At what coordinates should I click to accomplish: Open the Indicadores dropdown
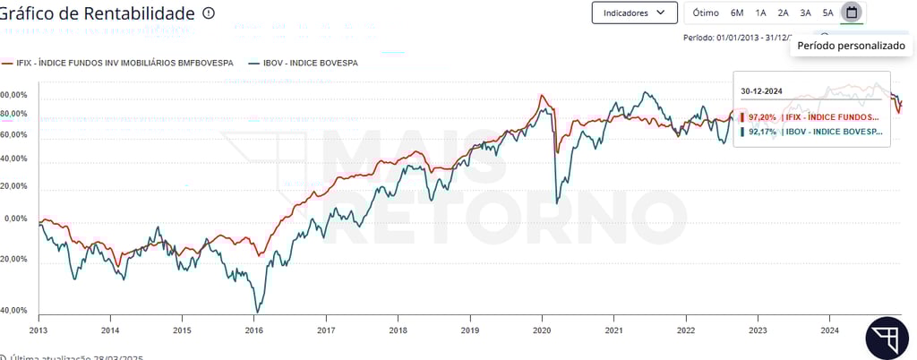pyautogui.click(x=634, y=13)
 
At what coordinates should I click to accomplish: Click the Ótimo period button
pyautogui.click(x=706, y=13)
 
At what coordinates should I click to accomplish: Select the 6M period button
pyautogui.click(x=737, y=13)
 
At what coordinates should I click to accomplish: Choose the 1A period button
pyautogui.click(x=760, y=13)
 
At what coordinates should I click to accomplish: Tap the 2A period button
pyautogui.click(x=783, y=13)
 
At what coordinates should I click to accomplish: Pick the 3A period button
pyautogui.click(x=805, y=13)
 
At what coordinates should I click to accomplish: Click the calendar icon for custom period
pyautogui.click(x=852, y=13)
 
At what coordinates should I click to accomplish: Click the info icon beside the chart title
pyautogui.click(x=209, y=13)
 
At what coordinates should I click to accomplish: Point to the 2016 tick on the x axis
pyautogui.click(x=254, y=330)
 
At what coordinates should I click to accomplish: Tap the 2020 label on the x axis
pyautogui.click(x=542, y=330)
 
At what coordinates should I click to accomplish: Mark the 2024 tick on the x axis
pyautogui.click(x=829, y=330)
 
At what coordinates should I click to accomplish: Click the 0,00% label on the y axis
pyautogui.click(x=16, y=219)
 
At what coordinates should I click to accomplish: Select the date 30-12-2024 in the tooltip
pyautogui.click(x=762, y=91)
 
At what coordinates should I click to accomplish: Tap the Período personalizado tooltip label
pyautogui.click(x=851, y=45)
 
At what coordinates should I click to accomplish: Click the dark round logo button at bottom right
pyautogui.click(x=887, y=338)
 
